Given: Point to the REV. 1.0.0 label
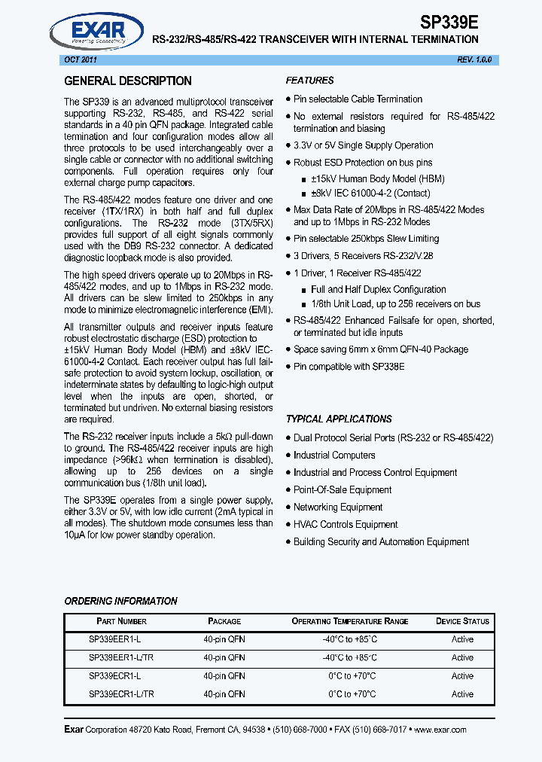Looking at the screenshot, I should coord(473,59).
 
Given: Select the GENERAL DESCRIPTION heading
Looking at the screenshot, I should coord(127,81).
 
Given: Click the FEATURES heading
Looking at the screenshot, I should coord(309,81).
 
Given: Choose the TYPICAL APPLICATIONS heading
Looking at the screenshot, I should coord(339,419).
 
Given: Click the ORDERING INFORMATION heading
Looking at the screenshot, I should coord(120,601).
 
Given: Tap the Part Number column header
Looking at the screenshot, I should coord(121,621).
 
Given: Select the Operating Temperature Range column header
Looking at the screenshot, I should coord(349,621).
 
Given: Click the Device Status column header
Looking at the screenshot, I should coord(462,621).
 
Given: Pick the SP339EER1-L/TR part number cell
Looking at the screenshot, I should coord(121,657).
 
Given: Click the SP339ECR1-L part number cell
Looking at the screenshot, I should coord(114,676).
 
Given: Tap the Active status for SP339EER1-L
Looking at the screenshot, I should coord(462,639).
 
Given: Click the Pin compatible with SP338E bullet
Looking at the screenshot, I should coord(349,367).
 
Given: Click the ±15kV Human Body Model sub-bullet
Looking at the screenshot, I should coord(377,179).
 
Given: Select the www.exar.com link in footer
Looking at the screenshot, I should coord(440,730).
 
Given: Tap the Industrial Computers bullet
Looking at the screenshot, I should coord(334,455).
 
